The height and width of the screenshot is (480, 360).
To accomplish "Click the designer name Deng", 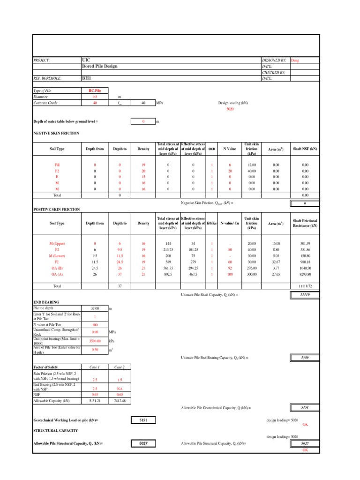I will [295, 60].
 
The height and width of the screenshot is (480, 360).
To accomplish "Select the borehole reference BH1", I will [87, 79].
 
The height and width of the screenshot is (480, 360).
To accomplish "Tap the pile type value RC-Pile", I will [95, 90].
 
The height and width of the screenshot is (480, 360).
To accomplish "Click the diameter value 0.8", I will [95, 96].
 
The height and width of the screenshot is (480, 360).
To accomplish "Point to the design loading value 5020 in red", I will [230, 109].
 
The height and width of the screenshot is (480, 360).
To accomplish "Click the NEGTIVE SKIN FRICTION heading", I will [56, 133].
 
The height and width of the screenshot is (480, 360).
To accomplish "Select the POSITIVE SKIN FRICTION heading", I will [56, 209].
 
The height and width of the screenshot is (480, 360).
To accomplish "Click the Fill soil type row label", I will [57, 165].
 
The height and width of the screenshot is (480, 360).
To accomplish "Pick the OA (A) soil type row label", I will [57, 274].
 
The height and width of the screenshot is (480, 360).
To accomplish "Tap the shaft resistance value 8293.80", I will [305, 274].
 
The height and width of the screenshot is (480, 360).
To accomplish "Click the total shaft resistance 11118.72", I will [305, 285].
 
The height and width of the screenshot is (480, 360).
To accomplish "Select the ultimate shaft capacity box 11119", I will [305, 294].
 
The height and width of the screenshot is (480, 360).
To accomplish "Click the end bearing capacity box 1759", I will [305, 358].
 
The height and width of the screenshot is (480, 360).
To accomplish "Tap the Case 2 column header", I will [120, 367].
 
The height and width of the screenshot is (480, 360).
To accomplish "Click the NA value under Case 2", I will [120, 389].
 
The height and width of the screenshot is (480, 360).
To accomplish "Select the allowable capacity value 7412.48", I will [120, 401].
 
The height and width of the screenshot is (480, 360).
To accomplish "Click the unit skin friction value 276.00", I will [252, 268].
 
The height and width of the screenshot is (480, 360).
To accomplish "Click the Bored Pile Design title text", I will [99, 67].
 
